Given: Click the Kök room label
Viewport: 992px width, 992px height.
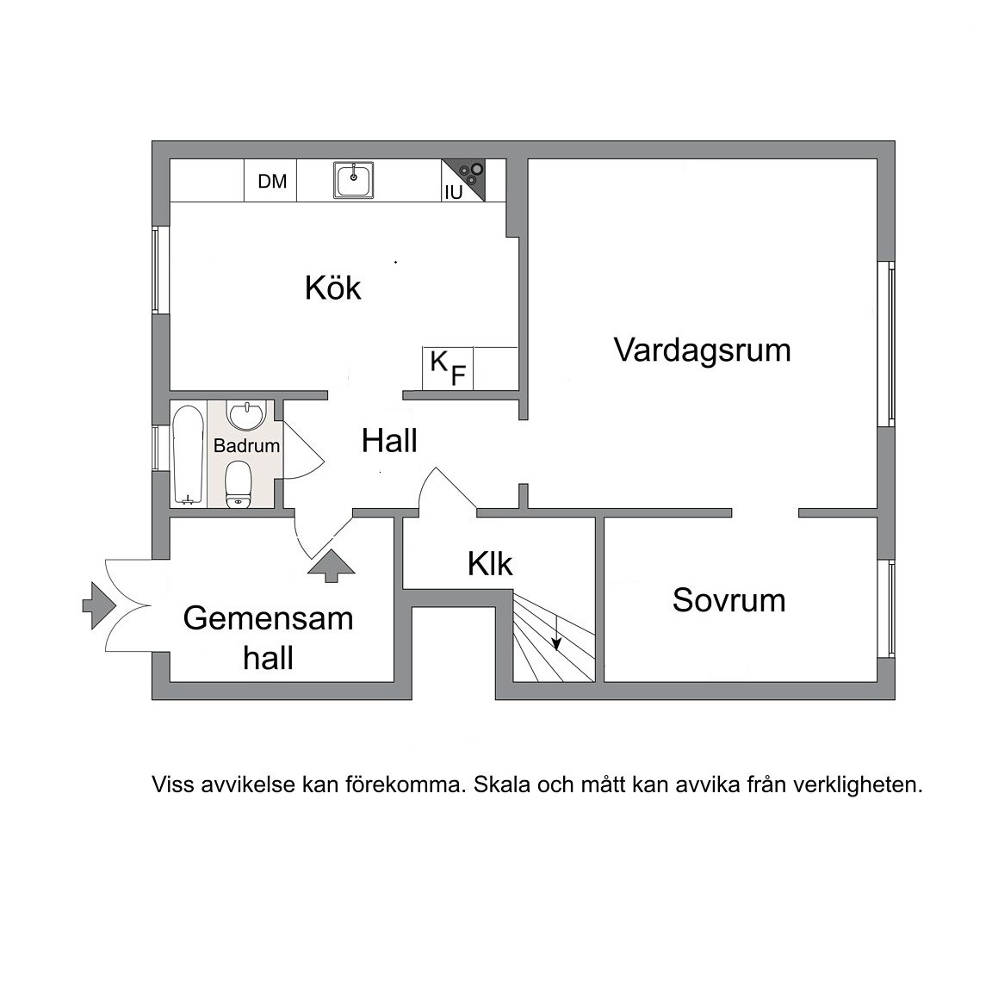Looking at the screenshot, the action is [x=332, y=288].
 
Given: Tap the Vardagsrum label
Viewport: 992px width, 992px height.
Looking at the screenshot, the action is [x=703, y=350].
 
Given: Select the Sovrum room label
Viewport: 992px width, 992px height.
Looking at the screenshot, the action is [x=728, y=599].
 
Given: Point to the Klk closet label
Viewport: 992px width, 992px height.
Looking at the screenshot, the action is [x=490, y=564].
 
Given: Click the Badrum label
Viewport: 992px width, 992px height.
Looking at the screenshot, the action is [x=247, y=445].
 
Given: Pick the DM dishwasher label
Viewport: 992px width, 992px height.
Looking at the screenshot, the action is [x=272, y=182].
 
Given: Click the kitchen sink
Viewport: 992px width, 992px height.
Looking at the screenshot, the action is [x=354, y=180].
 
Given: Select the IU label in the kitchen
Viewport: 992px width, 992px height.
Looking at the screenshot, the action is [x=454, y=192].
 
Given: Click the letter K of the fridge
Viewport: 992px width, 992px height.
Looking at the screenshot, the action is [x=438, y=362].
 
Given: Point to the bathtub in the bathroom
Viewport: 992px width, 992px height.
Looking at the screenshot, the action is [x=188, y=455].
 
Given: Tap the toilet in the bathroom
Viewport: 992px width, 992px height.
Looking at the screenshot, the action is [x=239, y=484].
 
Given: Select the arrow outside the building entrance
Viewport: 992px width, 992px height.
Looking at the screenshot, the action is [x=99, y=605].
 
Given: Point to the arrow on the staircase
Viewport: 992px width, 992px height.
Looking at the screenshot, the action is [x=556, y=633].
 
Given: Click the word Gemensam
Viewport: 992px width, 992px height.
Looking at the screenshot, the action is [x=269, y=618].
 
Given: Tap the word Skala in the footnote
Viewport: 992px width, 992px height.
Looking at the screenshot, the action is [x=502, y=784].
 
